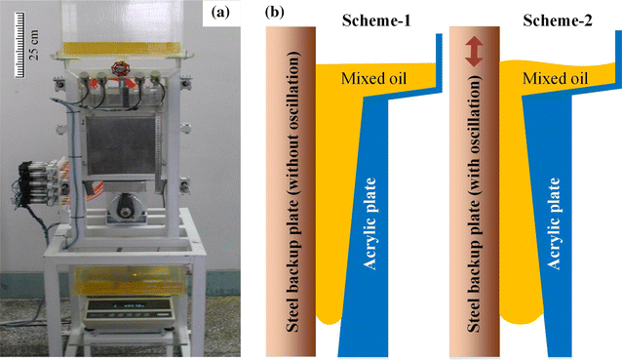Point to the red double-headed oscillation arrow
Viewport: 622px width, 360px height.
click(474, 52)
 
